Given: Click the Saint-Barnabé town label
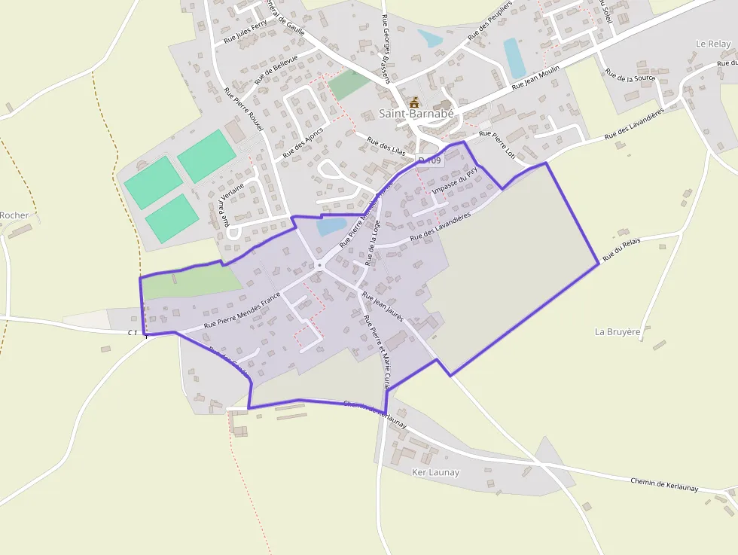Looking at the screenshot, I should (x=416, y=114).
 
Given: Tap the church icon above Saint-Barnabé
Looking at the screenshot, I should (x=413, y=101).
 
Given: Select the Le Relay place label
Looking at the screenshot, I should (x=713, y=44).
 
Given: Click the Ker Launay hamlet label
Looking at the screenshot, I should (x=435, y=472).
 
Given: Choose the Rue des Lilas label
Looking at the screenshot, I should (x=386, y=145).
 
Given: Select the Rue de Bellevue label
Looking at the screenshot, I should (x=276, y=69).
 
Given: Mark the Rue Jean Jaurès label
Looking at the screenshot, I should (x=383, y=306).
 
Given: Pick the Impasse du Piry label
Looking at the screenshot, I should (x=455, y=181).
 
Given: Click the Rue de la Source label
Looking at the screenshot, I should (x=630, y=78).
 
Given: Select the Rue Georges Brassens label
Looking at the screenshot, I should (x=386, y=48).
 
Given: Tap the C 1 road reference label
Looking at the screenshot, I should (x=133, y=332).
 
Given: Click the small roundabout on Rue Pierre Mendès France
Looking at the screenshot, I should (x=319, y=265).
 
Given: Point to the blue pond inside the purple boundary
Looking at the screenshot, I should (x=331, y=226).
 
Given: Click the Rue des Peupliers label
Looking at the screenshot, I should (x=489, y=26).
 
